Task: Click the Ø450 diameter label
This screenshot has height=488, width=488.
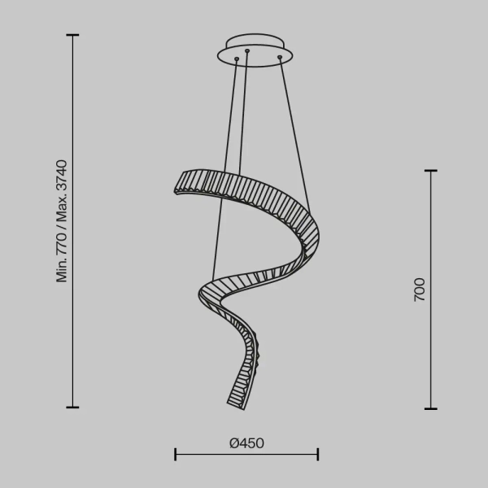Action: pos(246,443)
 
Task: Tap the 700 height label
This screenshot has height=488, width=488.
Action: pos(420,290)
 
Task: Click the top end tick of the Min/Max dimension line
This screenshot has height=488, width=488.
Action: pos(72,36)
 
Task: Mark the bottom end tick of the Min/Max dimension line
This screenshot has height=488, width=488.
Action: pos(72,407)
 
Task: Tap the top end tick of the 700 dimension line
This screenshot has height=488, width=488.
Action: pos(431,171)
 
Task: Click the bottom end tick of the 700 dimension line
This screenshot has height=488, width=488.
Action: pos(431,407)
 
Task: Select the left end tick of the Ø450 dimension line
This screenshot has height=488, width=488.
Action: pos(176,454)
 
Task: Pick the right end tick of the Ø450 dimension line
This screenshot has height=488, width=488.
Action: pos(318,454)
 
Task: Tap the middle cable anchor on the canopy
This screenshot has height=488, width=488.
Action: pos(247,54)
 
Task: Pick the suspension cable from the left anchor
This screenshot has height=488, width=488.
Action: pos(224,163)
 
